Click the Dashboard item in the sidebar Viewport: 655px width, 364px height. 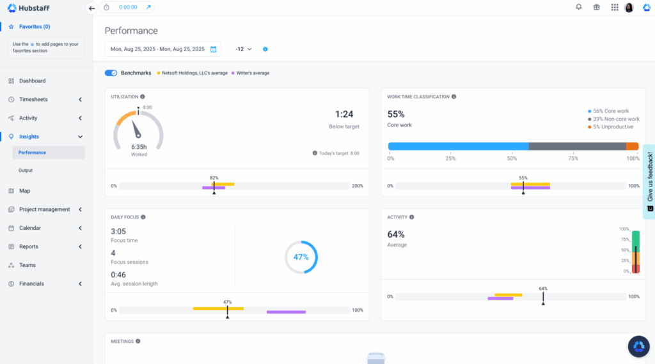click(32, 81)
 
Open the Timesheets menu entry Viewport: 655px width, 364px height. click(33, 100)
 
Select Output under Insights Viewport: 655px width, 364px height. click(26, 171)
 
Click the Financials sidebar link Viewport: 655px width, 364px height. click(31, 284)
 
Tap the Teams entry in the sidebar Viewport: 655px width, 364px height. click(28, 265)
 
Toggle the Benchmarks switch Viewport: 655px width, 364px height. click(111, 73)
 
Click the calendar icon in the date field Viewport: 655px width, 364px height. click(214, 49)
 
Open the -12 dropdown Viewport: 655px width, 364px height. click(244, 49)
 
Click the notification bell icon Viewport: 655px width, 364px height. click(579, 8)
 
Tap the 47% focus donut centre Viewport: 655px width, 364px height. click(301, 257)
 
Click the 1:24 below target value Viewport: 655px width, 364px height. click(344, 114)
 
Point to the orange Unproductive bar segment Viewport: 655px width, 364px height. click(632, 146)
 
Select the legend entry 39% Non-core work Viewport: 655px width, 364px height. click(616, 119)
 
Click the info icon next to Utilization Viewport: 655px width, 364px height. click(143, 97)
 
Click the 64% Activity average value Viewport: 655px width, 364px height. click(396, 234)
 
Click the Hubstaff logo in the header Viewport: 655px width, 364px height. click(29, 8)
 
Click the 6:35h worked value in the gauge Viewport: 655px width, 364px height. click(139, 146)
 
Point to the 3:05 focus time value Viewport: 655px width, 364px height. click(118, 231)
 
